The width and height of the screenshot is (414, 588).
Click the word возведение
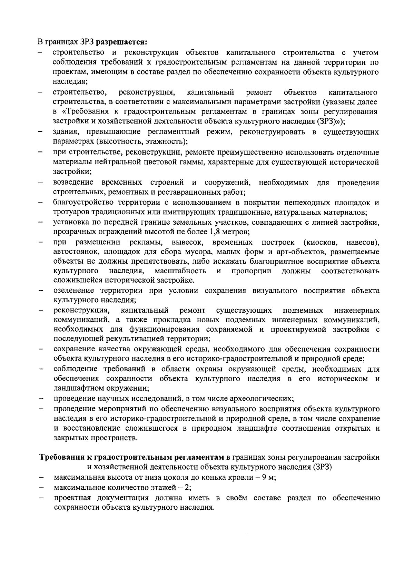tap(73, 182)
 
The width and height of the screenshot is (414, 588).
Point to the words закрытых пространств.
tap(96, 438)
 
